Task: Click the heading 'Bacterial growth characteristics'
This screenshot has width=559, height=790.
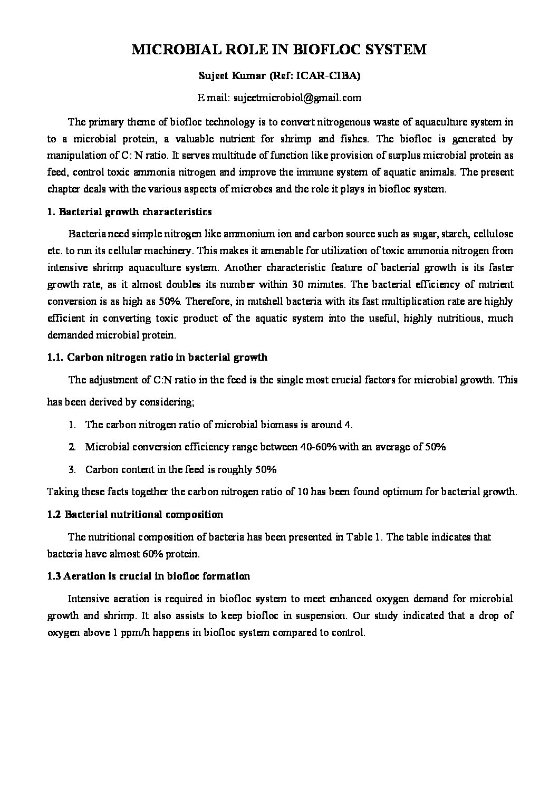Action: point(136,212)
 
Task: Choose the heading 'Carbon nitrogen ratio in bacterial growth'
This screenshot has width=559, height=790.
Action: point(167,358)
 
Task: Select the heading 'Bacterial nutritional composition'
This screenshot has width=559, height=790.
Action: point(143,514)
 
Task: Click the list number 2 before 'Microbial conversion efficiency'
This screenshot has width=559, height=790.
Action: point(72,447)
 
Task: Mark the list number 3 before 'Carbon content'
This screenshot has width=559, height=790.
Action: point(72,469)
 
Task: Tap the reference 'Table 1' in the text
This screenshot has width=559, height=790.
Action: point(364,537)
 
